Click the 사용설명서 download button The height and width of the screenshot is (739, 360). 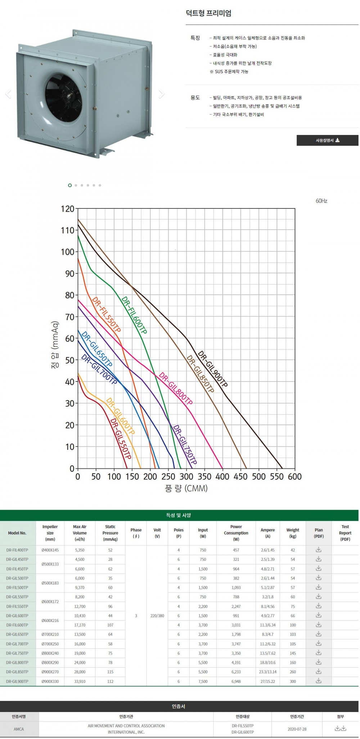327,140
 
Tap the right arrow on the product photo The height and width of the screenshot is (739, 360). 161,94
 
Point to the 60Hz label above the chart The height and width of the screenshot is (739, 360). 321,201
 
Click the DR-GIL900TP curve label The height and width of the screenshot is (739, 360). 212,369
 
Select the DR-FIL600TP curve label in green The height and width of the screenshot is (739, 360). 134,315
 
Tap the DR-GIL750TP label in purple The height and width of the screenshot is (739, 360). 185,445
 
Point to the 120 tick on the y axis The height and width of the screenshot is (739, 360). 67,209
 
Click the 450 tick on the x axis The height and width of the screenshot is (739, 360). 240,477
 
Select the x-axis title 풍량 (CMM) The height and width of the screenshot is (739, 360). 186,488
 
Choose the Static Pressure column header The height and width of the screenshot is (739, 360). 110,533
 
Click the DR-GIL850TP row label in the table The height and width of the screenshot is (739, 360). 17,672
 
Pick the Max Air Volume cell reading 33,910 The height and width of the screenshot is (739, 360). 80,681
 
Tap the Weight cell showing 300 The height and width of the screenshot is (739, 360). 293,681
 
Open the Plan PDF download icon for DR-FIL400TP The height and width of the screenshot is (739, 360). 319,550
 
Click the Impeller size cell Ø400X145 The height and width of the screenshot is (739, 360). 50,550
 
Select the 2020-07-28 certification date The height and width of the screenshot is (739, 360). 297,729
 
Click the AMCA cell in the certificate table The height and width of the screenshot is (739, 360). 19,729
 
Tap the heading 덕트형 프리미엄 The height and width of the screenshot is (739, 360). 208,13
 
